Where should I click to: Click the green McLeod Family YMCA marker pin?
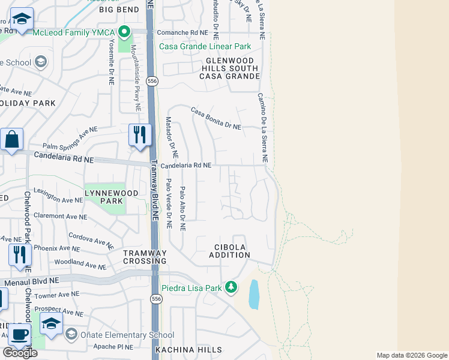(124, 31)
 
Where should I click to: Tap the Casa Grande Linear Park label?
(204, 46)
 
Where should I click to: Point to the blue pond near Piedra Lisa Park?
(253, 294)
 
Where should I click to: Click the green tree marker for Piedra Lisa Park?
(231, 288)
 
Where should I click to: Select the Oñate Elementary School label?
(127, 335)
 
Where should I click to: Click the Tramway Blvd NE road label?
(154, 193)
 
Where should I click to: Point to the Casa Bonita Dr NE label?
(216, 119)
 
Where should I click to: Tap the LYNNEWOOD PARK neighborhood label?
(111, 197)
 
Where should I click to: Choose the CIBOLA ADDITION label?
(229, 251)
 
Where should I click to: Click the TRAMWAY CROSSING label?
(145, 257)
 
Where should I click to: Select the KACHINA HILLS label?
(188, 350)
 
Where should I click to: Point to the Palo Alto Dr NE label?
(182, 209)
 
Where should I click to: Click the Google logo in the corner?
(20, 353)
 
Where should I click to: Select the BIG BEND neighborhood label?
(119, 10)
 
